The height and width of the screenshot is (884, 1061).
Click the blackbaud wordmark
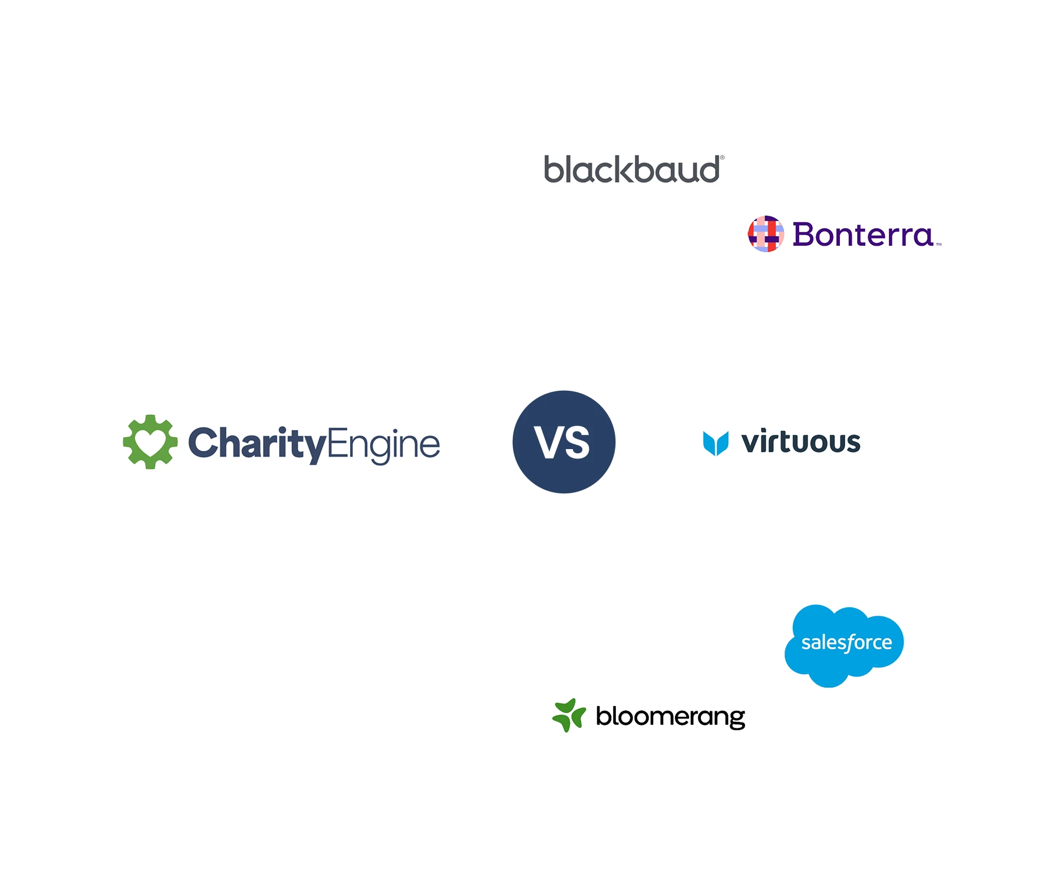click(x=631, y=170)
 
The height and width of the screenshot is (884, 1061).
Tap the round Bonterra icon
click(x=766, y=234)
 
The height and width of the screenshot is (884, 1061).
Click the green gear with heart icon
click(x=150, y=442)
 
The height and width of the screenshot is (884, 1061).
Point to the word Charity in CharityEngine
click(x=257, y=443)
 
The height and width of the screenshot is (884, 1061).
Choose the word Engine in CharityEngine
click(x=384, y=444)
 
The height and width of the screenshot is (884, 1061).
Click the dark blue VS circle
click(x=564, y=442)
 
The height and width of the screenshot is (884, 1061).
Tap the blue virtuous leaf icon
click(x=716, y=443)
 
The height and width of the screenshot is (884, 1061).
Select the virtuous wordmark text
click(x=800, y=442)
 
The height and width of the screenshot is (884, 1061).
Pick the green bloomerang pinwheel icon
click(x=569, y=715)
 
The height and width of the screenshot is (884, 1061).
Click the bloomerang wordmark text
click(x=670, y=717)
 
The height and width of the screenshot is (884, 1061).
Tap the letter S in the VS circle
click(x=577, y=443)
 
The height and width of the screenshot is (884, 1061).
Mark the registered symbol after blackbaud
click(x=722, y=158)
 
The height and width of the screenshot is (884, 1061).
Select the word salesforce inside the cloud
click(x=846, y=642)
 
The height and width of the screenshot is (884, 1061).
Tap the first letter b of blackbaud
click(x=553, y=170)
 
